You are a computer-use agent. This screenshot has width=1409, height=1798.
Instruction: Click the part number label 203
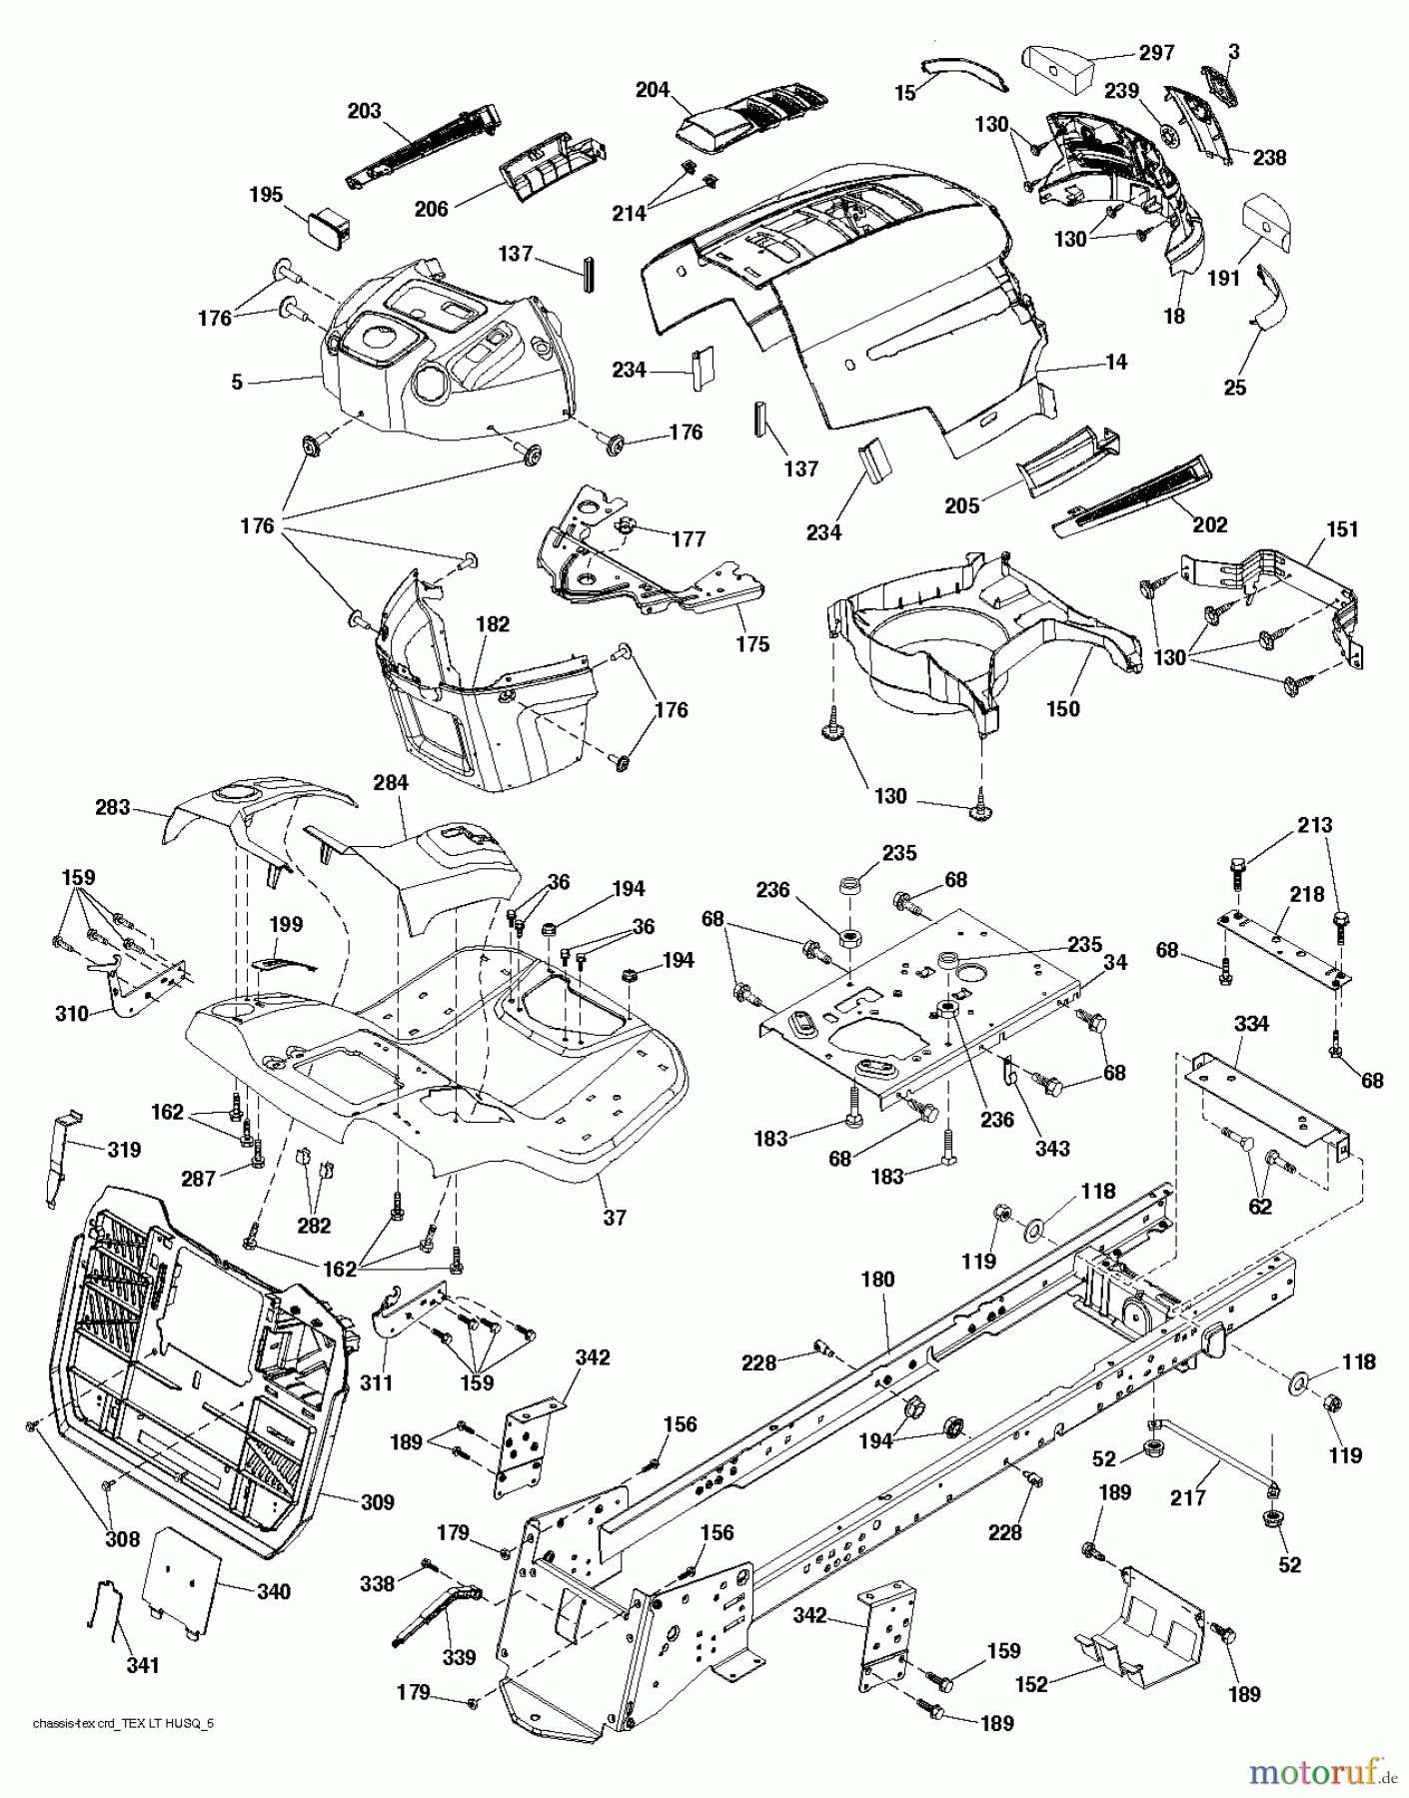pyautogui.click(x=364, y=110)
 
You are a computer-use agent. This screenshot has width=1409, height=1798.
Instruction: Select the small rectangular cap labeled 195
pyautogui.click(x=327, y=230)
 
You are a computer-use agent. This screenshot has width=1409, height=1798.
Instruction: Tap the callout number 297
pyautogui.click(x=1156, y=52)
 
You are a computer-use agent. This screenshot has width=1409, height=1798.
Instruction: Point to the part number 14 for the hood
pyautogui.click(x=1116, y=362)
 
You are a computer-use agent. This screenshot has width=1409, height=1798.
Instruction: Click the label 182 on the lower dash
pyautogui.click(x=493, y=624)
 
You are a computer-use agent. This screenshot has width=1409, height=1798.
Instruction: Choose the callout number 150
pyautogui.click(x=1062, y=708)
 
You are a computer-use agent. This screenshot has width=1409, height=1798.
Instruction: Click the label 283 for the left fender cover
pyautogui.click(x=113, y=806)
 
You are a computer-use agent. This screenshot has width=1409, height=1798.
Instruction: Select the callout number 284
pyautogui.click(x=391, y=783)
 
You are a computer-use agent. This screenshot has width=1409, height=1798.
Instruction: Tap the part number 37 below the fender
pyautogui.click(x=615, y=1218)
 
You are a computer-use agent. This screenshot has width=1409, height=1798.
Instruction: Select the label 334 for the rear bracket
pyautogui.click(x=1252, y=1024)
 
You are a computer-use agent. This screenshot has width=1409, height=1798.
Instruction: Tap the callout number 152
pyautogui.click(x=1031, y=1684)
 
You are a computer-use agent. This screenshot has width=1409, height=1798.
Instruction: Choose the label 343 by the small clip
pyautogui.click(x=1052, y=1148)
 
